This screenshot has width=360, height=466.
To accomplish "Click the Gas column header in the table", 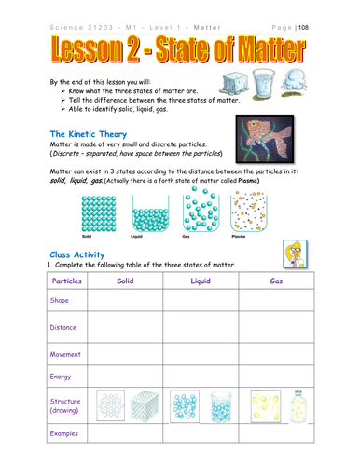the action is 276,280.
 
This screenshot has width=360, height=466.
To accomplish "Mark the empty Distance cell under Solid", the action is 125,327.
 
